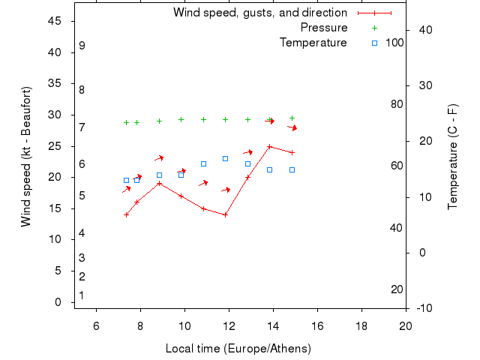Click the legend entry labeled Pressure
pyautogui.click(x=324, y=28)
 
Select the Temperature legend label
pyautogui.click(x=313, y=43)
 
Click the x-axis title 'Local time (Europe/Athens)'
pyautogui.click(x=238, y=349)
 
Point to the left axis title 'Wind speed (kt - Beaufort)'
pyautogui.click(x=25, y=157)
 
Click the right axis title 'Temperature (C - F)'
pyautogui.click(x=452, y=157)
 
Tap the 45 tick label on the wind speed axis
pyautogui.click(x=55, y=21)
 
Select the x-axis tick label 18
pyautogui.click(x=361, y=325)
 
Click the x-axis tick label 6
pyautogui.click(x=96, y=325)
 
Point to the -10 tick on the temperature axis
pyautogui.click(x=423, y=308)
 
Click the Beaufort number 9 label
pyautogui.click(x=82, y=46)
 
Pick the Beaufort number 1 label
pyautogui.click(x=82, y=295)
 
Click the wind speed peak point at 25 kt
pyautogui.click(x=269, y=146)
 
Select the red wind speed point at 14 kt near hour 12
pyautogui.click(x=225, y=214)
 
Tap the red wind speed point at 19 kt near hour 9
pyautogui.click(x=159, y=183)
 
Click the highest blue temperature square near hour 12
pyautogui.click(x=225, y=158)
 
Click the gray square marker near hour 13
pyautogui.click(x=247, y=163)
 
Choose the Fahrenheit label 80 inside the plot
pyautogui.click(x=397, y=104)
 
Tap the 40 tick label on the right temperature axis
pyautogui.click(x=423, y=30)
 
